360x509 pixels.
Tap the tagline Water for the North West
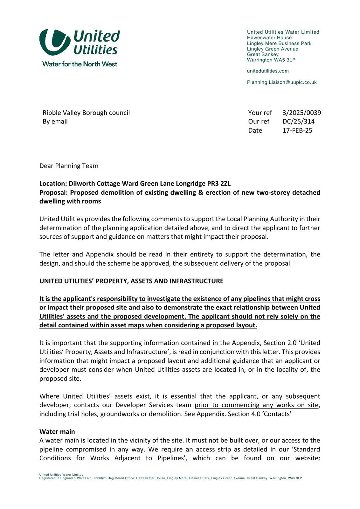click(80, 64)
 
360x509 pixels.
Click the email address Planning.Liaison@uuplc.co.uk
click(282, 82)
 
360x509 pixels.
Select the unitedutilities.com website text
click(268, 71)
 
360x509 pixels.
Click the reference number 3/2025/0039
click(301, 113)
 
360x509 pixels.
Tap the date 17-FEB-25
click(297, 130)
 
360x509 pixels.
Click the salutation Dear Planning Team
click(69, 166)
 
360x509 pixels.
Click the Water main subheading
click(57, 432)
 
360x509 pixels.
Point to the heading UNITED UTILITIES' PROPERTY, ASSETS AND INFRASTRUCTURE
click(131, 281)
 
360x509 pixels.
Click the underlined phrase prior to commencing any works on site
click(256, 405)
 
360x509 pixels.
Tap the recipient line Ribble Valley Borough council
click(86, 113)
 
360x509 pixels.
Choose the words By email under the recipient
click(55, 122)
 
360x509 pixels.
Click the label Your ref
click(260, 113)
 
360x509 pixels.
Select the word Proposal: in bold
click(54, 192)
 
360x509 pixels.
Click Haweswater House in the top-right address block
click(269, 38)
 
